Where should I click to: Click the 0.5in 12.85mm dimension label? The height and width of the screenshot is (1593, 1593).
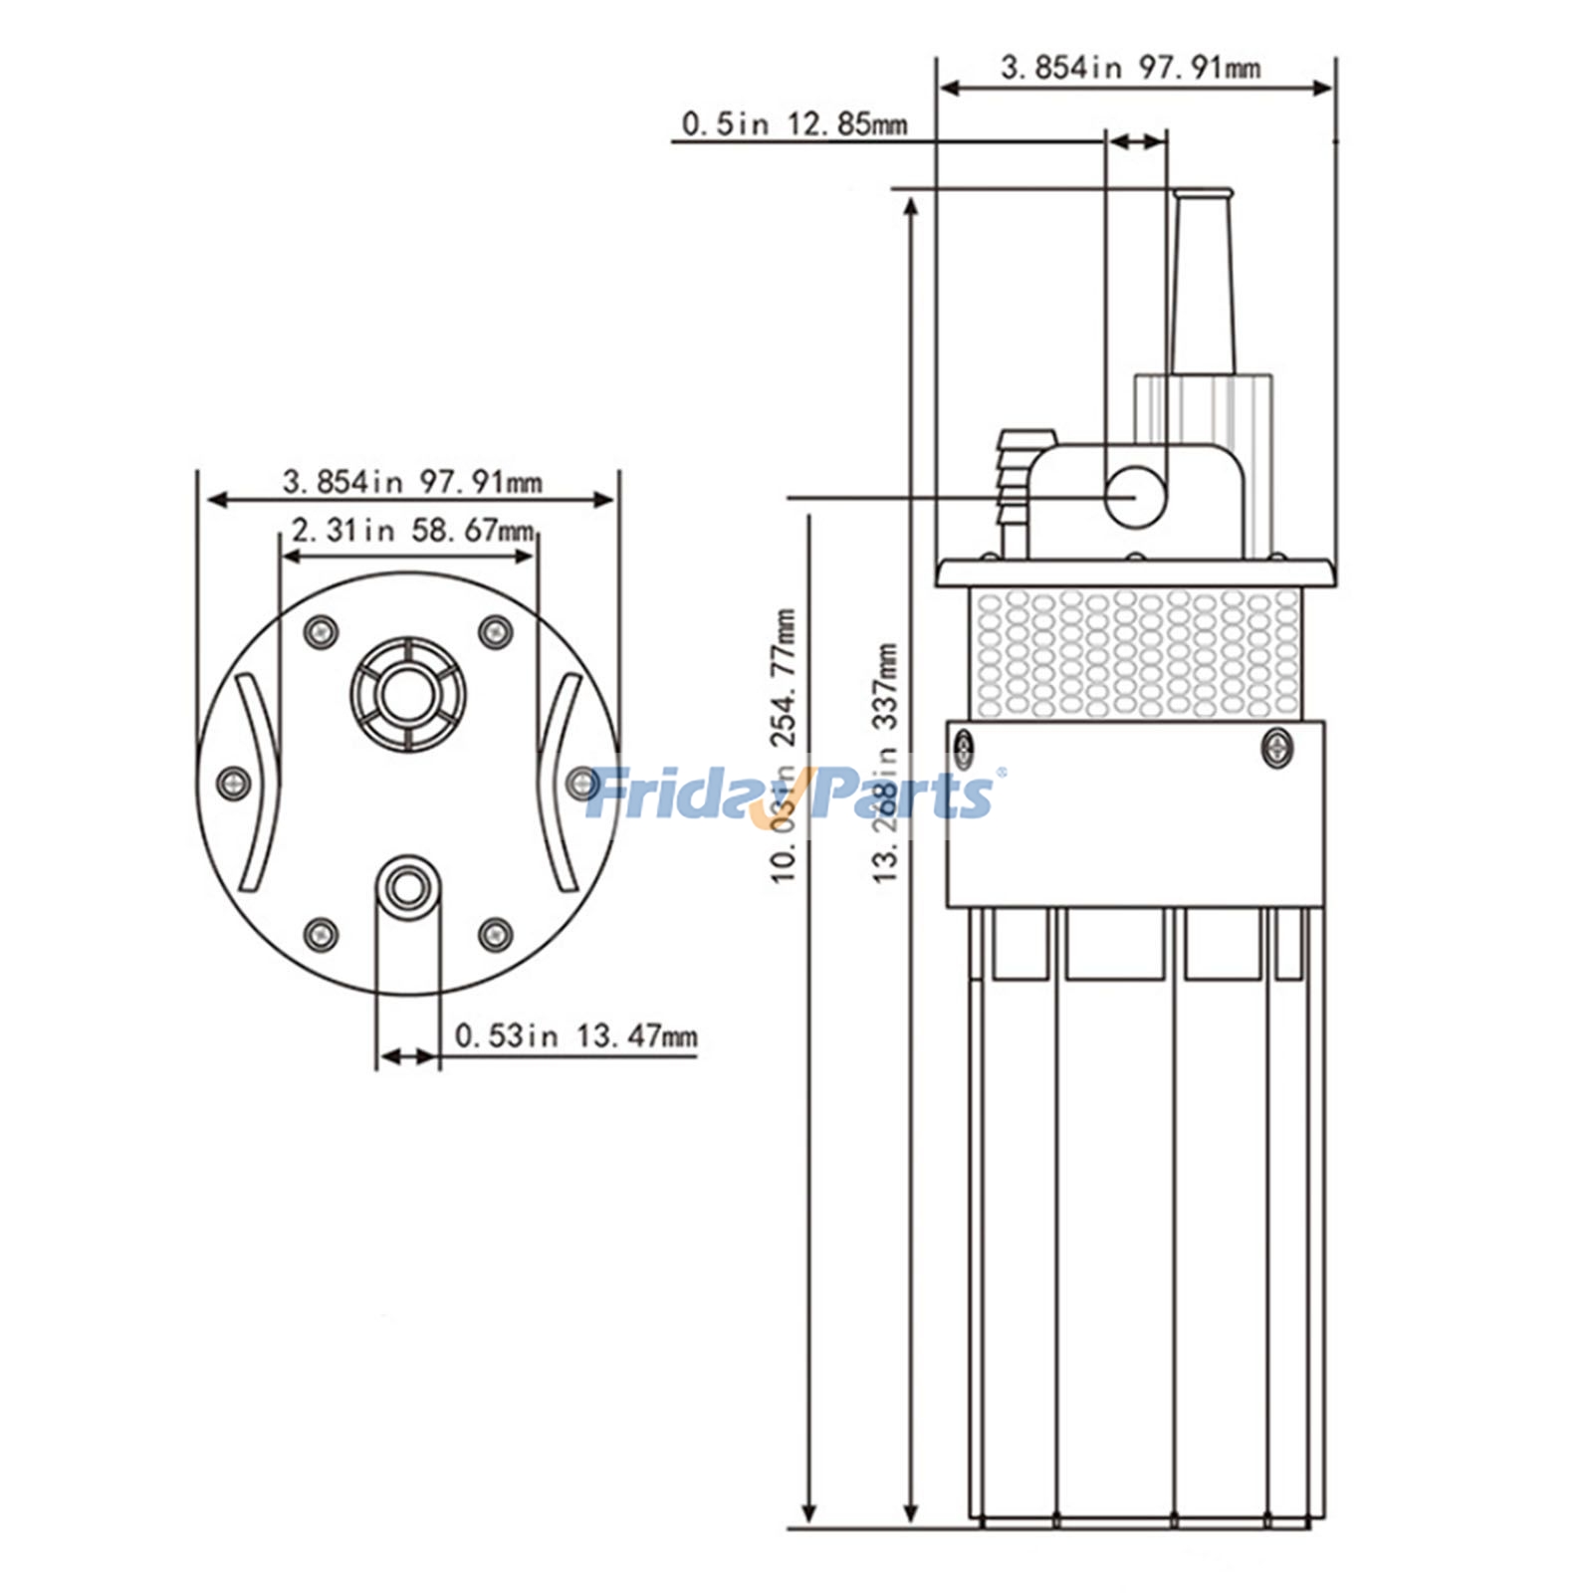794,124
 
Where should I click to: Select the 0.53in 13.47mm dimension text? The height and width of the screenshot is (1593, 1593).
575,1035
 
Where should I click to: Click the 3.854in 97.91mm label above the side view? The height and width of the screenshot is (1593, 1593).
1130,68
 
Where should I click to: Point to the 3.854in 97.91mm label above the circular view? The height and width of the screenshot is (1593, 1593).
412,483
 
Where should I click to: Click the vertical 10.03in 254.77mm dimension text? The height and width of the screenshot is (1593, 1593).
785,747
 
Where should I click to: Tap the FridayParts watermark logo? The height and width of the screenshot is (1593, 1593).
792,794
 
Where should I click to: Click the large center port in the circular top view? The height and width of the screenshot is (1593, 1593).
407,694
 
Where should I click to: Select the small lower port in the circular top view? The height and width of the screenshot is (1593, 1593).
406,885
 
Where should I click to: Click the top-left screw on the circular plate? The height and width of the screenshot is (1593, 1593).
320,631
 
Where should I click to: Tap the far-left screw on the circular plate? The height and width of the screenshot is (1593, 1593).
233,783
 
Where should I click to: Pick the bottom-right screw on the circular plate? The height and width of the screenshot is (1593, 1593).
495,934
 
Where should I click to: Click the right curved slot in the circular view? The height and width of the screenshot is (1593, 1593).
559,783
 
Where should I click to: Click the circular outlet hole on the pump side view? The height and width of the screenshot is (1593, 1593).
1135,496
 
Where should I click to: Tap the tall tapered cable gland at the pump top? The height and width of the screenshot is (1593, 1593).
1203,284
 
